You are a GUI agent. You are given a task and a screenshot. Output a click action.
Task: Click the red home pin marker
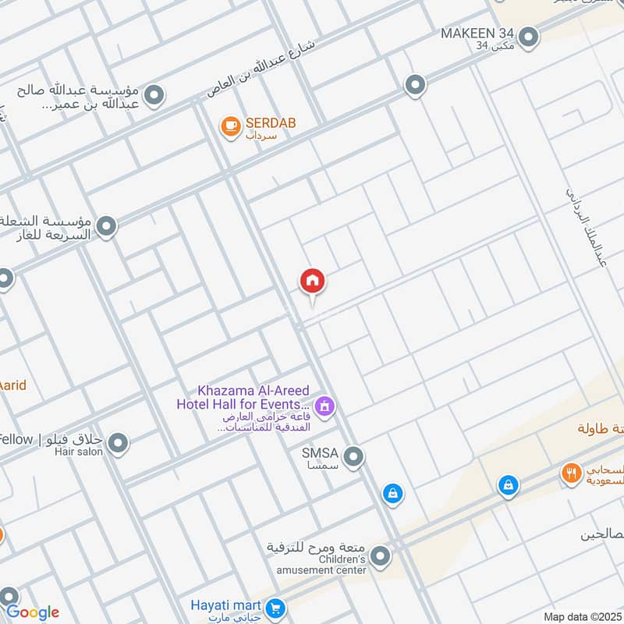312,281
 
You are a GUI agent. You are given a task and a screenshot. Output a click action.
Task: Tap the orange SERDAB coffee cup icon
230,125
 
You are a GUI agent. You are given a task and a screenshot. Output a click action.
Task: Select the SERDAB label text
270,123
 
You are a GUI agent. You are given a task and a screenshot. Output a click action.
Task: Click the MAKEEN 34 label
477,34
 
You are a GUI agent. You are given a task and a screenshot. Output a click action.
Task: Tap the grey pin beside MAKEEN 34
530,37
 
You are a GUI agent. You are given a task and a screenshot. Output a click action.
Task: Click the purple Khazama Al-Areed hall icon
325,406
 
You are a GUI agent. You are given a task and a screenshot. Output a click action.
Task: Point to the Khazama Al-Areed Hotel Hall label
243,397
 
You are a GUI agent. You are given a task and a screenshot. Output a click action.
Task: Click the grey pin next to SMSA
353,456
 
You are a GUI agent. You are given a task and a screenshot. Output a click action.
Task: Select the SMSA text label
322,452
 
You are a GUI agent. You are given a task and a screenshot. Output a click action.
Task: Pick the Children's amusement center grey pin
380,556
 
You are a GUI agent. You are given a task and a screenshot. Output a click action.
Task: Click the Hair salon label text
79,452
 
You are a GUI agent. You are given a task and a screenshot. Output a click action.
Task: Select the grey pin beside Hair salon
118,445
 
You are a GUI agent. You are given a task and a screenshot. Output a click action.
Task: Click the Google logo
32,612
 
